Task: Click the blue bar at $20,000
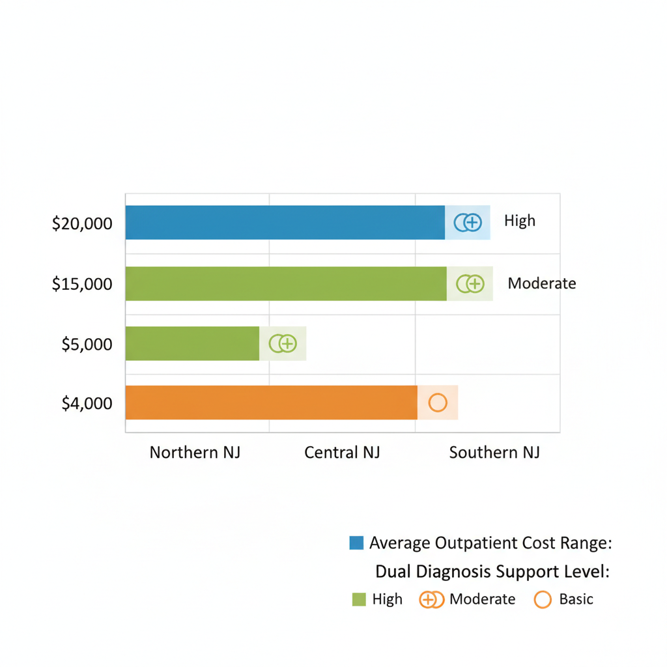tap(285, 223)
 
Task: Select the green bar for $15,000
tap(285, 283)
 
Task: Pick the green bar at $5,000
tap(192, 343)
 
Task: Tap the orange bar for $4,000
tap(271, 403)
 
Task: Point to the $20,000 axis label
tap(82, 224)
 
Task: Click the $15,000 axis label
tap(82, 284)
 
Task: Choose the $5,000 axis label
tap(87, 344)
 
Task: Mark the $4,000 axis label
tap(87, 404)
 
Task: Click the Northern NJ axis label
tap(195, 452)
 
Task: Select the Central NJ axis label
tap(342, 452)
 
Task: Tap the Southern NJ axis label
tap(494, 452)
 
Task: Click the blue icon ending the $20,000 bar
tap(468, 223)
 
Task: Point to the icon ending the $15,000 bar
tap(470, 283)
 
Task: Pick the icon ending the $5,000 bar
tap(283, 343)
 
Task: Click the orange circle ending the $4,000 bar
tap(438, 403)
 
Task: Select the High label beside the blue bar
tap(520, 221)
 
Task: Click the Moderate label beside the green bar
tap(542, 283)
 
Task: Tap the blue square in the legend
tap(356, 543)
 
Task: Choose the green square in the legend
tap(359, 599)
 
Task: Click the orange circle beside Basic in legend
tap(543, 599)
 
